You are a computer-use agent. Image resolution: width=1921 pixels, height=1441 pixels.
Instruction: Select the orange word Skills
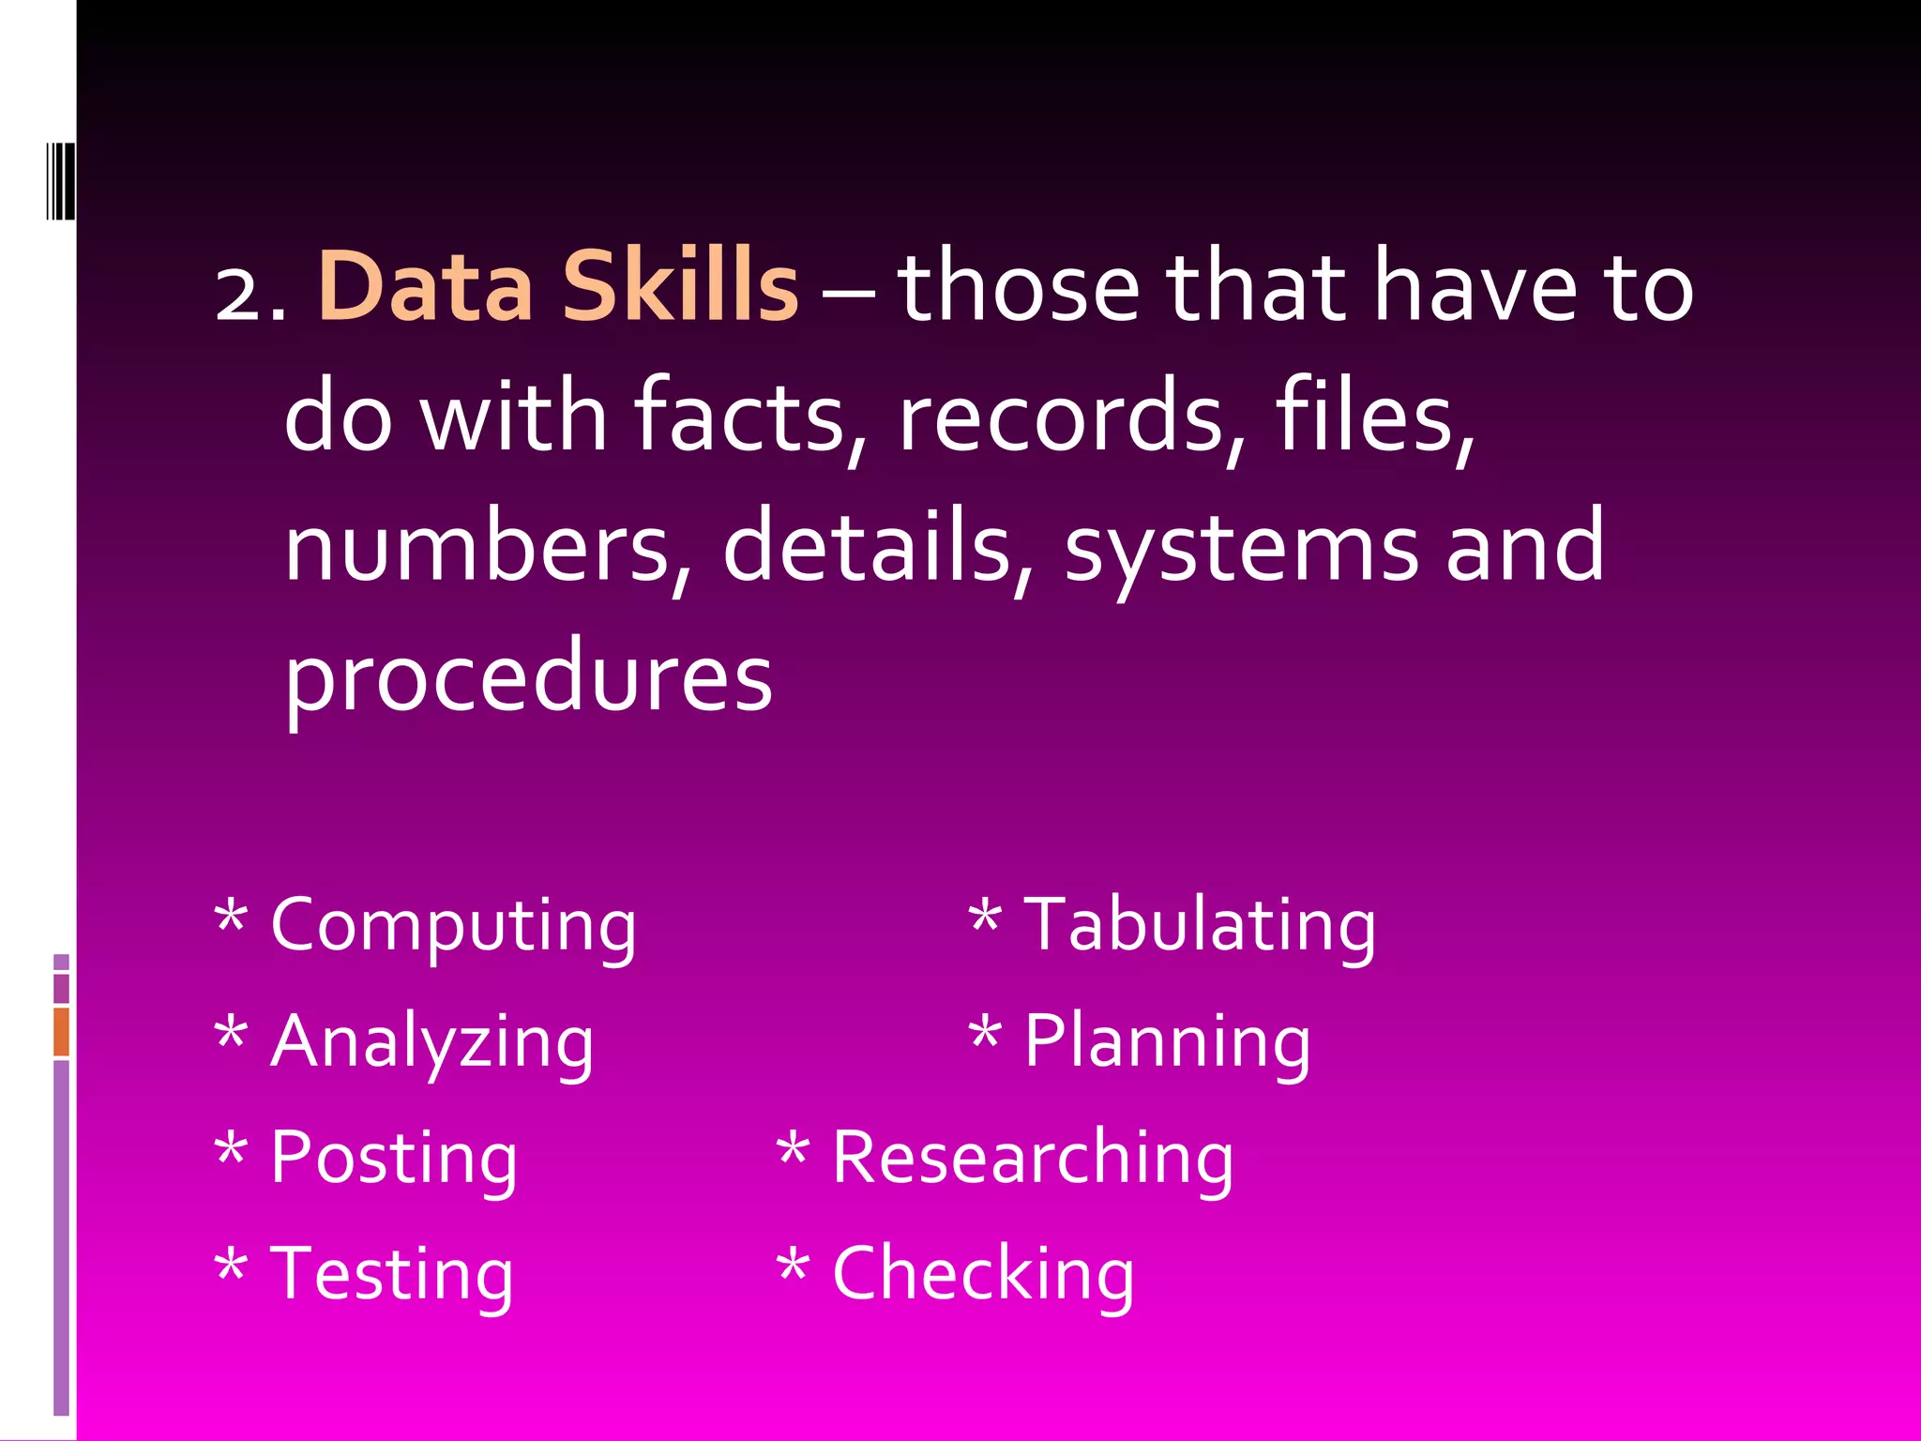pos(680,286)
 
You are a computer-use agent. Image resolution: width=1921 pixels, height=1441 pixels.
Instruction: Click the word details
pos(868,547)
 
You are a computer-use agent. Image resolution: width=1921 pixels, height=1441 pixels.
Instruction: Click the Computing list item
pos(453,927)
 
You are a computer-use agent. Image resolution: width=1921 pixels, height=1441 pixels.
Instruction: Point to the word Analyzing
pos(432,1043)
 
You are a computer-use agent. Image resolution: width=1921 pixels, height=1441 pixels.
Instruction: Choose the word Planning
pos(1168,1043)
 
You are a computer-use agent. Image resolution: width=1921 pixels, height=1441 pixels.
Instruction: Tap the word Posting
pos(394,1160)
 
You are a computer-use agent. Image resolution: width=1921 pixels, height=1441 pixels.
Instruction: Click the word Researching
pos(1033,1159)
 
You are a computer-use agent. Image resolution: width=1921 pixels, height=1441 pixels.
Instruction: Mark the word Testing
pos(392,1276)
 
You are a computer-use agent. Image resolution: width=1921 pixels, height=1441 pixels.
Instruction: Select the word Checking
pos(984,1276)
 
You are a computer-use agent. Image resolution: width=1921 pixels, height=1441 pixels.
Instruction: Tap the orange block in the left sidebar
pos(61,1032)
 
